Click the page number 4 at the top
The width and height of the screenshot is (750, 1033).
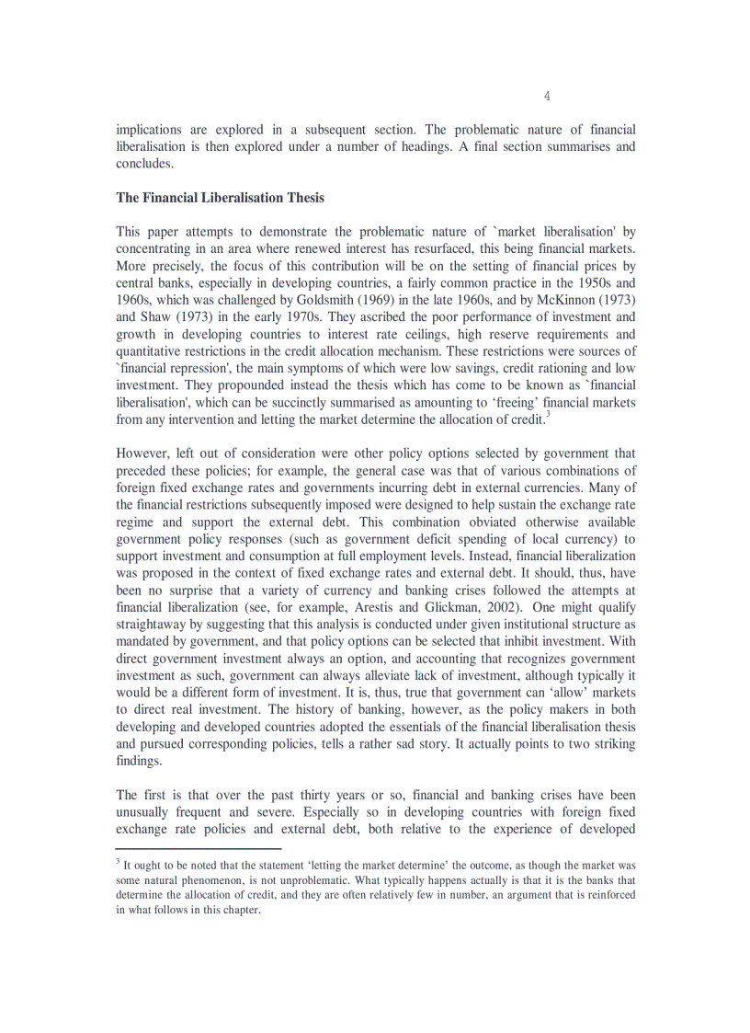pyautogui.click(x=547, y=97)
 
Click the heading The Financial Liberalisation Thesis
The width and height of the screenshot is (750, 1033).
pyautogui.click(x=220, y=198)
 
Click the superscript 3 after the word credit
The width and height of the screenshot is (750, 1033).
pyautogui.click(x=548, y=413)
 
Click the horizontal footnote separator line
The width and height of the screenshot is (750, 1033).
pyautogui.click(x=198, y=848)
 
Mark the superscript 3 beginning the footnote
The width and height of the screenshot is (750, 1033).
pyautogui.click(x=118, y=861)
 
